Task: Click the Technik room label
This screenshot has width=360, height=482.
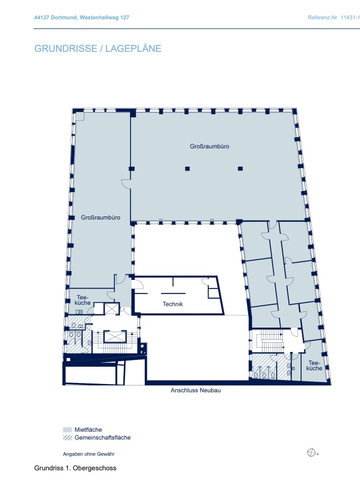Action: coord(173,304)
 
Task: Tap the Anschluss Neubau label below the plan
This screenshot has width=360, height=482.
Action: coord(195,391)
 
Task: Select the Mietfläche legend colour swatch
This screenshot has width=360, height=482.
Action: coord(68,430)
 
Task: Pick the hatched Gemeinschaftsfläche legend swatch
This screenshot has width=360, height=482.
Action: coord(68,438)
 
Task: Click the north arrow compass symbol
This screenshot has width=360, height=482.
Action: coord(311,453)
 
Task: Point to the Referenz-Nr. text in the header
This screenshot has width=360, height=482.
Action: coord(334,17)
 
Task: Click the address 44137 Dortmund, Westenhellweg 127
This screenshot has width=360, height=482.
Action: coord(81,17)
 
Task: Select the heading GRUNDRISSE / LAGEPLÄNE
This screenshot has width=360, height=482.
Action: coord(98,49)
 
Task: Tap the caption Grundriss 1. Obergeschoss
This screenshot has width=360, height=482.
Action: coord(75,468)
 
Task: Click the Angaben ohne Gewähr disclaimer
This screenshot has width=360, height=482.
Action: coord(88,454)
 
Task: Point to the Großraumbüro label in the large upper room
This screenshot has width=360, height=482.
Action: coord(209,146)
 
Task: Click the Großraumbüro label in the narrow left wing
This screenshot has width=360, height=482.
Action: coord(101,217)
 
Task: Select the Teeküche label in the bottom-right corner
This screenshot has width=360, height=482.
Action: coord(314,366)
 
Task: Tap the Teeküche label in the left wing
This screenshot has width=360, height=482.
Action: coord(82,300)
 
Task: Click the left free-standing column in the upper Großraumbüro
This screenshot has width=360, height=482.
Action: coord(187,169)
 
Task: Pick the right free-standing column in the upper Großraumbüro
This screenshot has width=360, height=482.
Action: coord(240,169)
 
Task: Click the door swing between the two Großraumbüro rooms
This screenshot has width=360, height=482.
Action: coord(126,183)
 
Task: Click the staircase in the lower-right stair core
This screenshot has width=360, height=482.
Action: coord(270,341)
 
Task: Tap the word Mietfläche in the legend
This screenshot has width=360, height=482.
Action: coord(88,430)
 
